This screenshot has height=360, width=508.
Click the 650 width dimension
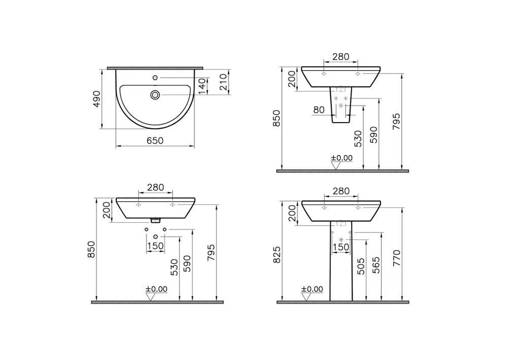click(155, 141)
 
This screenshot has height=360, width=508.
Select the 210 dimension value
click(223, 82)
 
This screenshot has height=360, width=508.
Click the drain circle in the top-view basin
click(155, 95)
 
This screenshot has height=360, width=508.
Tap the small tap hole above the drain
click(155, 77)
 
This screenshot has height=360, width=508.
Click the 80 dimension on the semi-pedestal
click(319, 110)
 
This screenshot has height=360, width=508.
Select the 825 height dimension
click(277, 255)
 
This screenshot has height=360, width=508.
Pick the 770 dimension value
click(397, 258)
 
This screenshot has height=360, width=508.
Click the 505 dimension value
click(361, 266)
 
